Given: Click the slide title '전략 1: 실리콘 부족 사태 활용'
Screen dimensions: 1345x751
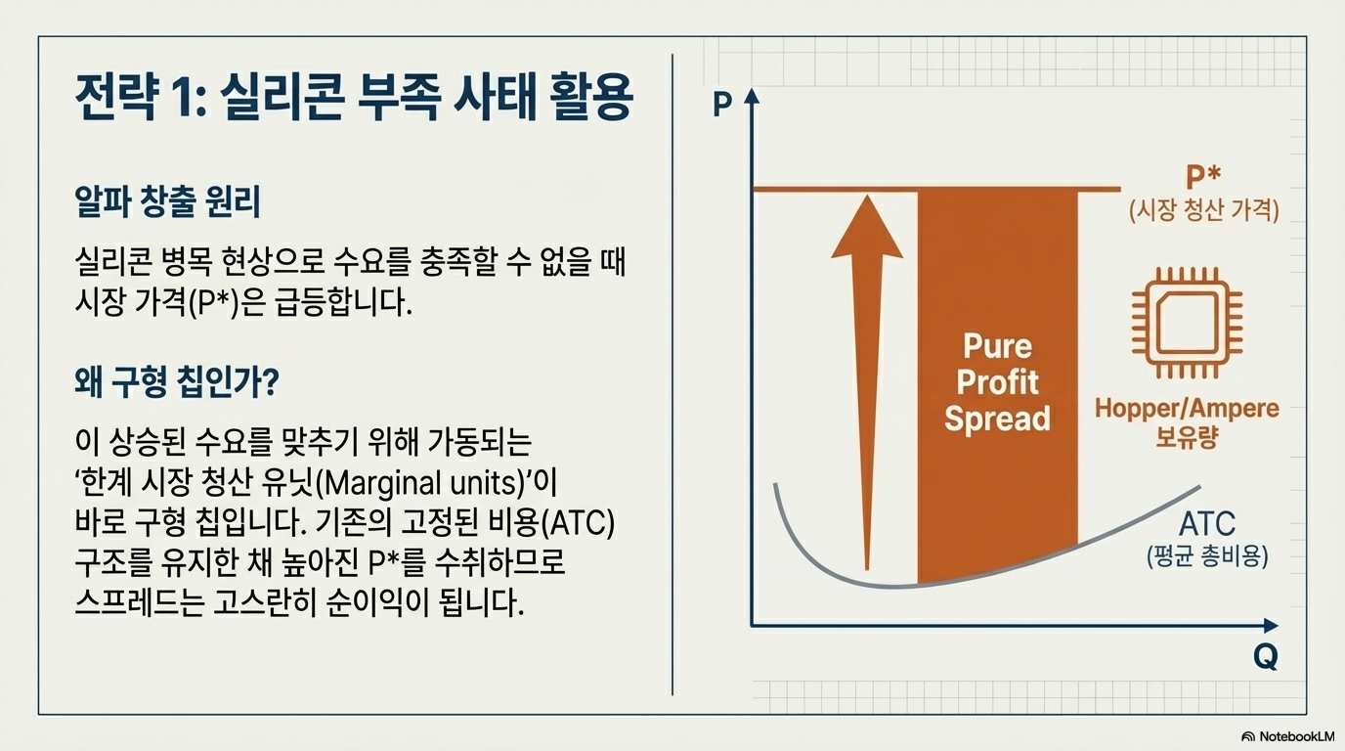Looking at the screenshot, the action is coord(354,98).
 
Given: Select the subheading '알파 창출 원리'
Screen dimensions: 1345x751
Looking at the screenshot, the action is coord(167,201).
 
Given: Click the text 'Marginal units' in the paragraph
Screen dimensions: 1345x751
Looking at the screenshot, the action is coord(419,482).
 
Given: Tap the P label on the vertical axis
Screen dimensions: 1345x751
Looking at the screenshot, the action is coord(721,104).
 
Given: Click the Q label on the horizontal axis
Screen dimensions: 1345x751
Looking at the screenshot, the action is coord(1265,657).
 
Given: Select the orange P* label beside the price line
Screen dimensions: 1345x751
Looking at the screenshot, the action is coord(1203,178).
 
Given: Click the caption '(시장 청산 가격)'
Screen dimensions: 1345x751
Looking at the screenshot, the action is coord(1204,211).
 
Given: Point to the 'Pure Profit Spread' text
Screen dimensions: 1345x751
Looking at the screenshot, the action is coord(997,382).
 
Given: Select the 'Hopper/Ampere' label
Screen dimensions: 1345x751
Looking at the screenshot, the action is coord(1187,409).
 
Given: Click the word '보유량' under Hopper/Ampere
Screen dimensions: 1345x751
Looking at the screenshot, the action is coord(1187,437).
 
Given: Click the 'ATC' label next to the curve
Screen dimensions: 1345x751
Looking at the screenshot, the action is coord(1207,524).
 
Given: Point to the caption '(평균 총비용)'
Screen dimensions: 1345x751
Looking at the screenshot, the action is coord(1207,557).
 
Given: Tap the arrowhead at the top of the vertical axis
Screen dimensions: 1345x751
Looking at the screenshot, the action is coord(752,96).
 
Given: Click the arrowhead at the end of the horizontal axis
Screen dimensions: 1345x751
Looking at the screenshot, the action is coord(1271,626).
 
